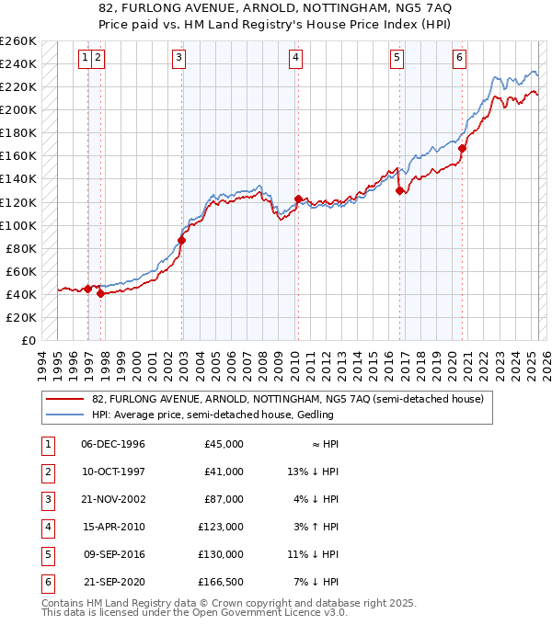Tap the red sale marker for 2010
[298, 199]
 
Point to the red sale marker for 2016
[400, 191]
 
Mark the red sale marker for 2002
[181, 241]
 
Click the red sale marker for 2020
[463, 148]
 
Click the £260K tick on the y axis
[17, 41]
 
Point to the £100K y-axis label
[17, 225]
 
